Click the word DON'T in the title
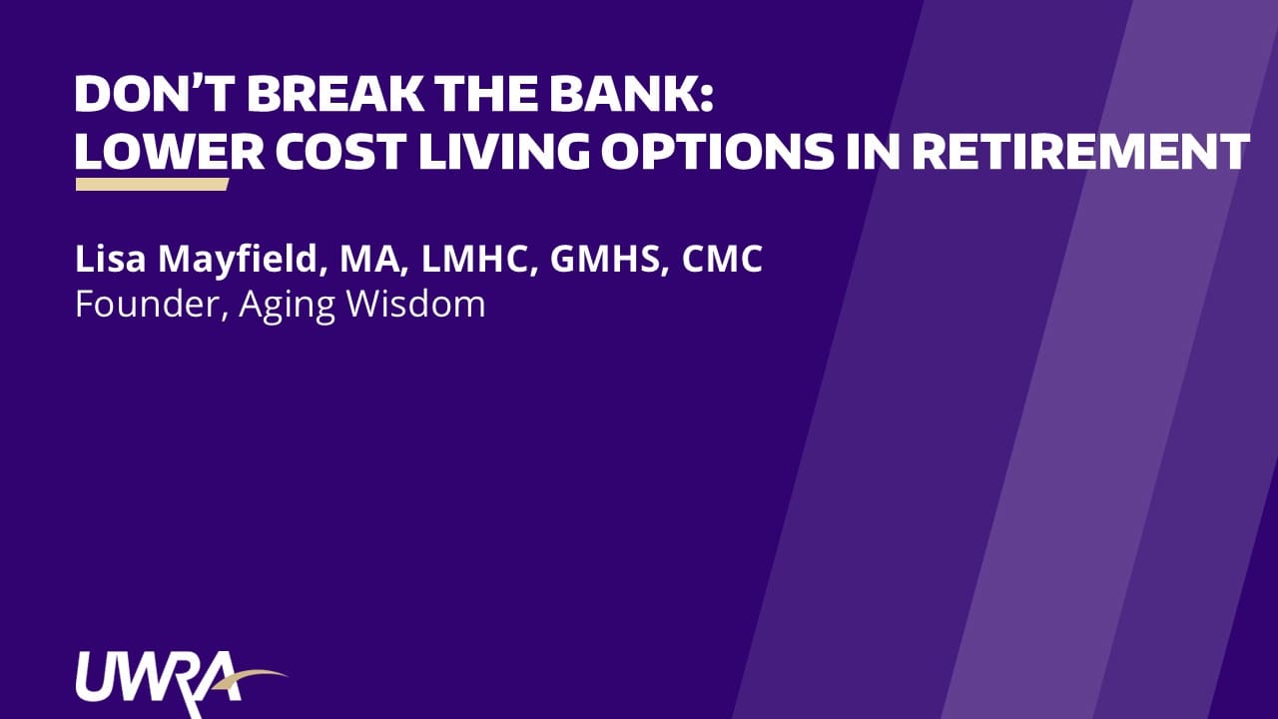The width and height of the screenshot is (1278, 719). (x=155, y=94)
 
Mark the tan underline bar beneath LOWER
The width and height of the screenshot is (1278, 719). (x=153, y=185)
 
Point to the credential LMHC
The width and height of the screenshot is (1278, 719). (x=479, y=260)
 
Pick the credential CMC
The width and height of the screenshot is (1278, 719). (x=722, y=259)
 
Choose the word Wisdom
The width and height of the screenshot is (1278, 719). (x=416, y=305)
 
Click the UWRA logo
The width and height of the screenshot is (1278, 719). (x=182, y=684)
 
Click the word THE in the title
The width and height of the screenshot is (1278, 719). (x=486, y=94)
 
